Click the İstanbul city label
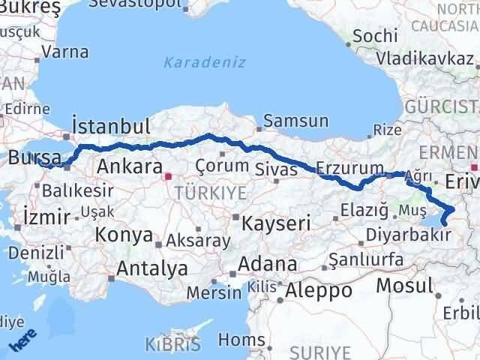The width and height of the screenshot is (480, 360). click(110, 125)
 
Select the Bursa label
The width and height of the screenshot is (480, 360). click(35, 158)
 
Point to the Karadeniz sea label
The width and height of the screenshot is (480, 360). click(205, 62)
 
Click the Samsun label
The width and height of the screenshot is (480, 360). click(295, 120)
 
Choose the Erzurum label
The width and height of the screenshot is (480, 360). click(350, 166)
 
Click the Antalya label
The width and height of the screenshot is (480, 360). click(152, 268)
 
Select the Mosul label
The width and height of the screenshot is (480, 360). click(404, 285)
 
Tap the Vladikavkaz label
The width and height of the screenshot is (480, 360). click(426, 57)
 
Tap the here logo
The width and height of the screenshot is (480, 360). click(22, 343)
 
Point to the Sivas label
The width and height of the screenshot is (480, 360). click(272, 168)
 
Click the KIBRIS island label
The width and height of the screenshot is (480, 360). click(173, 345)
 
